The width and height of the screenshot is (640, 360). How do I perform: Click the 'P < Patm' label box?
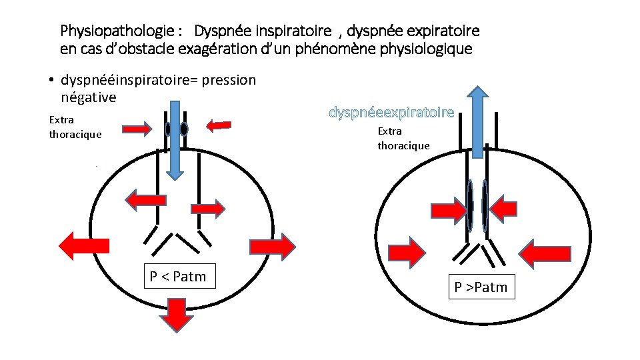(x=179, y=276)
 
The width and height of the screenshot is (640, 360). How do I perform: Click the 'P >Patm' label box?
(x=481, y=287)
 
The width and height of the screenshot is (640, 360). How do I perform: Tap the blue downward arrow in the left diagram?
(x=175, y=140)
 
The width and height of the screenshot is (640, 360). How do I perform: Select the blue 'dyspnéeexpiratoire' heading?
(x=391, y=113)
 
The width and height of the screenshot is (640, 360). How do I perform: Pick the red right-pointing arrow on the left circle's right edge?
(x=271, y=246)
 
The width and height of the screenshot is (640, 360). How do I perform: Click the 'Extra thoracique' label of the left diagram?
(x=75, y=127)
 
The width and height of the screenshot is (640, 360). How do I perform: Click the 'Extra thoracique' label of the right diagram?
(x=403, y=139)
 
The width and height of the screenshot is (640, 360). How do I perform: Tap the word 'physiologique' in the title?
(x=429, y=49)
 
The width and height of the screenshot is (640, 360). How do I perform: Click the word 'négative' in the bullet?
(x=89, y=98)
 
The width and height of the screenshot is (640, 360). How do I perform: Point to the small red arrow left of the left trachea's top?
(x=137, y=129)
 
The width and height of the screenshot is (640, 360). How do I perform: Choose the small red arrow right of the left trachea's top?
(x=219, y=125)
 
